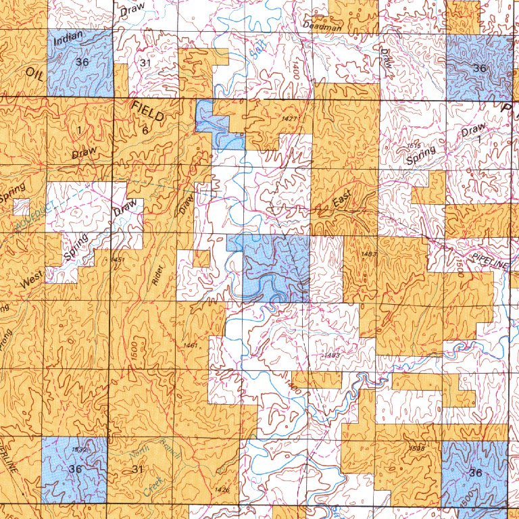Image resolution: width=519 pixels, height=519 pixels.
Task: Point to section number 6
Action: pyautogui.click(x=145, y=130)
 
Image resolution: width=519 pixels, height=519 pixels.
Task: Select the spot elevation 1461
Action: pyautogui.click(x=191, y=346)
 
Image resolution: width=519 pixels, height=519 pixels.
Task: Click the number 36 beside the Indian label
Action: pyautogui.click(x=83, y=62)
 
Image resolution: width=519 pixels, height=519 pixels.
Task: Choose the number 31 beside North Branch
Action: pyautogui.click(x=138, y=469)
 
